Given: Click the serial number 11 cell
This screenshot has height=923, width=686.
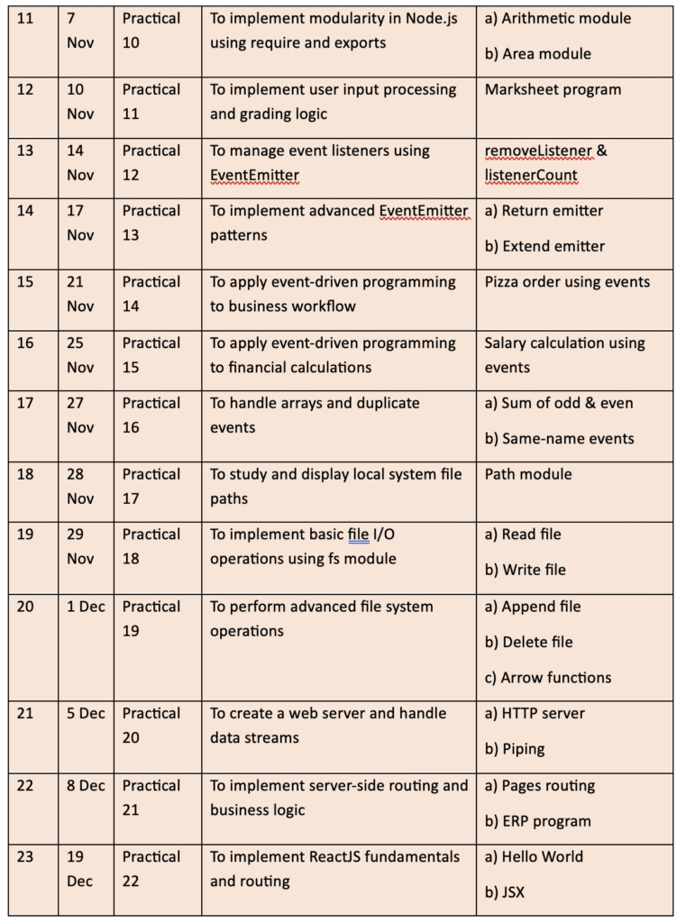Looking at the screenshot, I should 25,19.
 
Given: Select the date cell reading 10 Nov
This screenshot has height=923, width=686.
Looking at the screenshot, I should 80,102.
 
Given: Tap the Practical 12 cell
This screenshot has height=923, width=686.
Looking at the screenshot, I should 151,162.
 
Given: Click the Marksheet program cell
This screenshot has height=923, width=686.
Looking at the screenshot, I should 553,90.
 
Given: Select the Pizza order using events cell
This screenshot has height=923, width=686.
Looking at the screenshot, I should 567,282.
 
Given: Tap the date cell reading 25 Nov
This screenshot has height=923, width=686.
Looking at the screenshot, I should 80,355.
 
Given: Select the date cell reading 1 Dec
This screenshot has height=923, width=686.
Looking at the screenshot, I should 86,607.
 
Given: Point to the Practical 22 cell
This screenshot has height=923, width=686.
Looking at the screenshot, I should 151,868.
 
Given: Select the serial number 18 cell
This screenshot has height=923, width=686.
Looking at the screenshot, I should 25,474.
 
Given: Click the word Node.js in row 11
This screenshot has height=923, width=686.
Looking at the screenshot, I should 428,18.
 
